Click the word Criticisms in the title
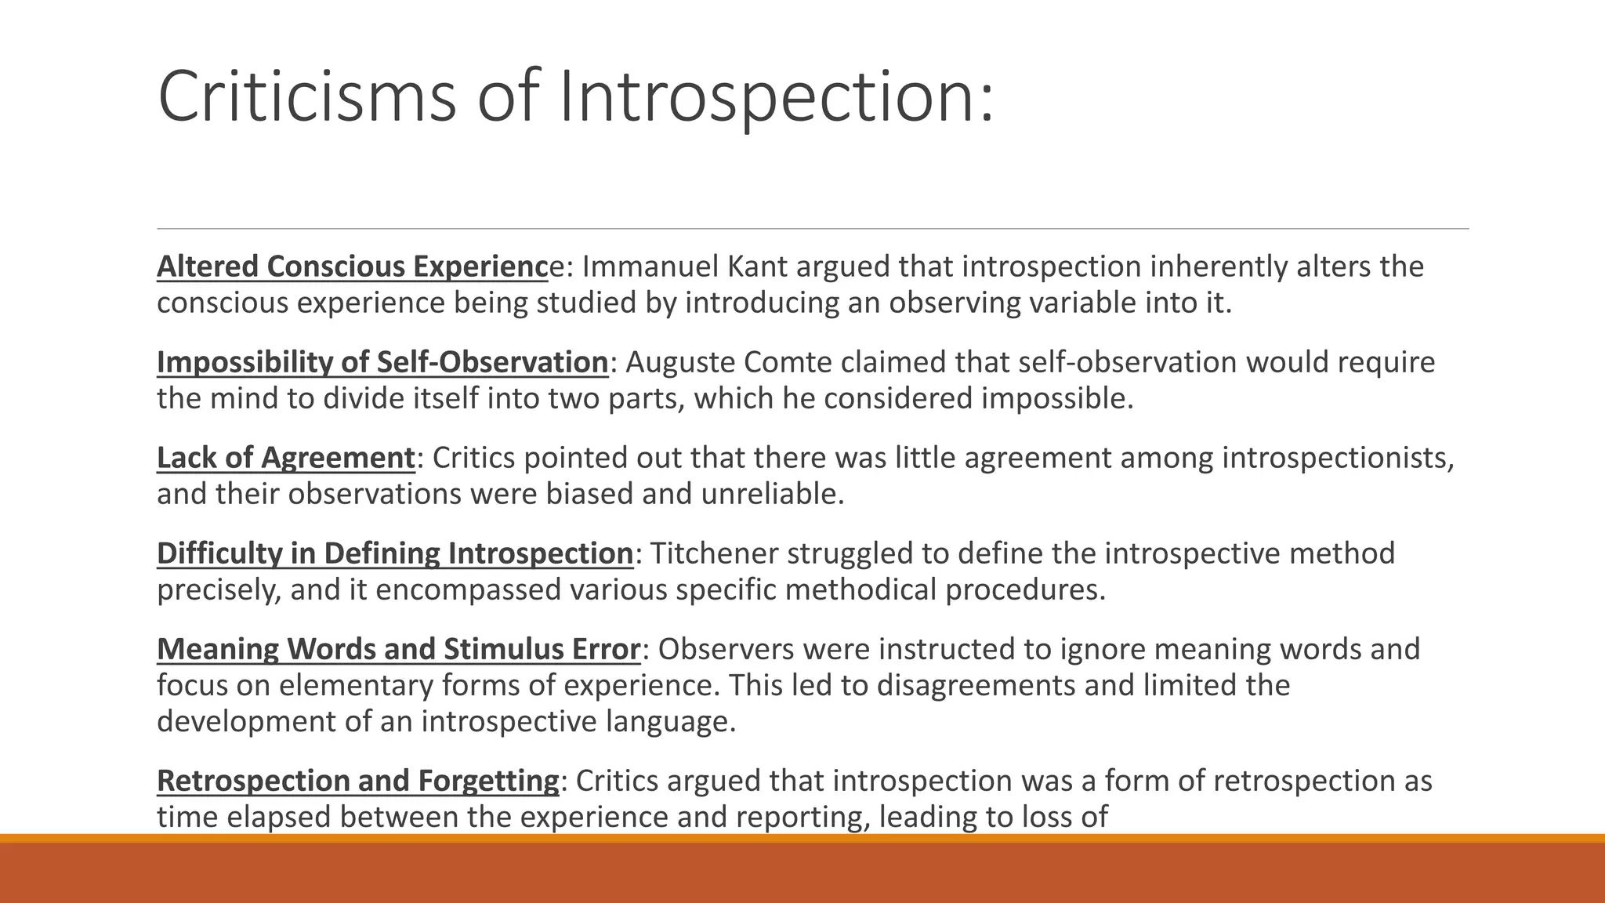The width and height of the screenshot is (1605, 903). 306,96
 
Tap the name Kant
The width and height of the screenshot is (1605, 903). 757,267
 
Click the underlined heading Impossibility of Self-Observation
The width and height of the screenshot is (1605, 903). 382,362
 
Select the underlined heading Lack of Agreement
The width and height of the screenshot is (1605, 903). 285,458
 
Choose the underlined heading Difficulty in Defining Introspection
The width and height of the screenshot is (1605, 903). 394,553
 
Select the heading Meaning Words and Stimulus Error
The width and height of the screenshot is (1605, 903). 398,649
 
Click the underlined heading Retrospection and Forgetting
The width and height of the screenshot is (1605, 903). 357,781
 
